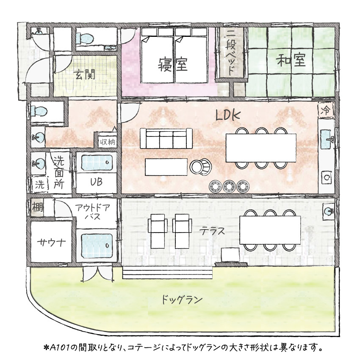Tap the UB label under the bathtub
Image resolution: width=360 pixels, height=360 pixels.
(96, 183)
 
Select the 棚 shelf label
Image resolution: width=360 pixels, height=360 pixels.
(36, 208)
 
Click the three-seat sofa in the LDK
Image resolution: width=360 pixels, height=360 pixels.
(163, 138)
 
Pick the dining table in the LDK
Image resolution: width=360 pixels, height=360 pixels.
(261, 147)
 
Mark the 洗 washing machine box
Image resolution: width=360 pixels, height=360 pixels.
(39, 184)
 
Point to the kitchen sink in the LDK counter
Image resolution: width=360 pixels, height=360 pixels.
(328, 138)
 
